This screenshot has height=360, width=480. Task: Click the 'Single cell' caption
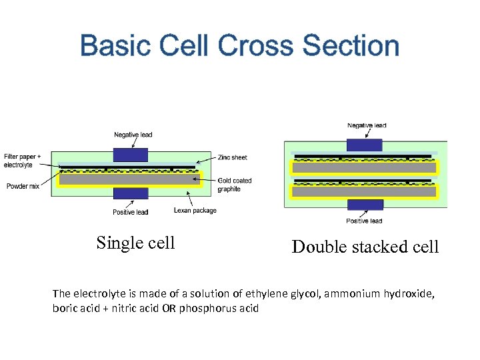pyautogui.click(x=135, y=243)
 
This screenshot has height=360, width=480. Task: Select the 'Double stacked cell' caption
pyautogui.click(x=365, y=247)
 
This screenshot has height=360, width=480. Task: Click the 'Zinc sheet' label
pyautogui.click(x=232, y=157)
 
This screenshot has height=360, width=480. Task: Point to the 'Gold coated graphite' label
pyautogui.click(x=235, y=185)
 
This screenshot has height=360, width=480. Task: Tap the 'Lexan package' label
pyautogui.click(x=195, y=211)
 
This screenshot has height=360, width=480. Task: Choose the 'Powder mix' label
pyautogui.click(x=23, y=186)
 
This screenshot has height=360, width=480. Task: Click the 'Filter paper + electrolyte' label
pyautogui.click(x=22, y=161)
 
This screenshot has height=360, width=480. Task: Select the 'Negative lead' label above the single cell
pyautogui.click(x=133, y=135)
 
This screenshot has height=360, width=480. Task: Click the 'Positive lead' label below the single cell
pyautogui.click(x=130, y=212)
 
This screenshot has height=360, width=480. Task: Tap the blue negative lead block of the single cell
pyautogui.click(x=131, y=155)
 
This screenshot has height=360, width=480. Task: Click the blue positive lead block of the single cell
pyautogui.click(x=131, y=193)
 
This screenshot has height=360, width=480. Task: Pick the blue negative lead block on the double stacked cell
pyautogui.click(x=365, y=145)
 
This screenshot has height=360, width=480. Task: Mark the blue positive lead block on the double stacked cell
pyautogui.click(x=365, y=205)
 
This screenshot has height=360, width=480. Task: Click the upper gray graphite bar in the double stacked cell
pyautogui.click(x=365, y=168)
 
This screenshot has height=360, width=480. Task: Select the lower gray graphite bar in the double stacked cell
pyautogui.click(x=365, y=191)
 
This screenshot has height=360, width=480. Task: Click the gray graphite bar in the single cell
pyautogui.click(x=129, y=179)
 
